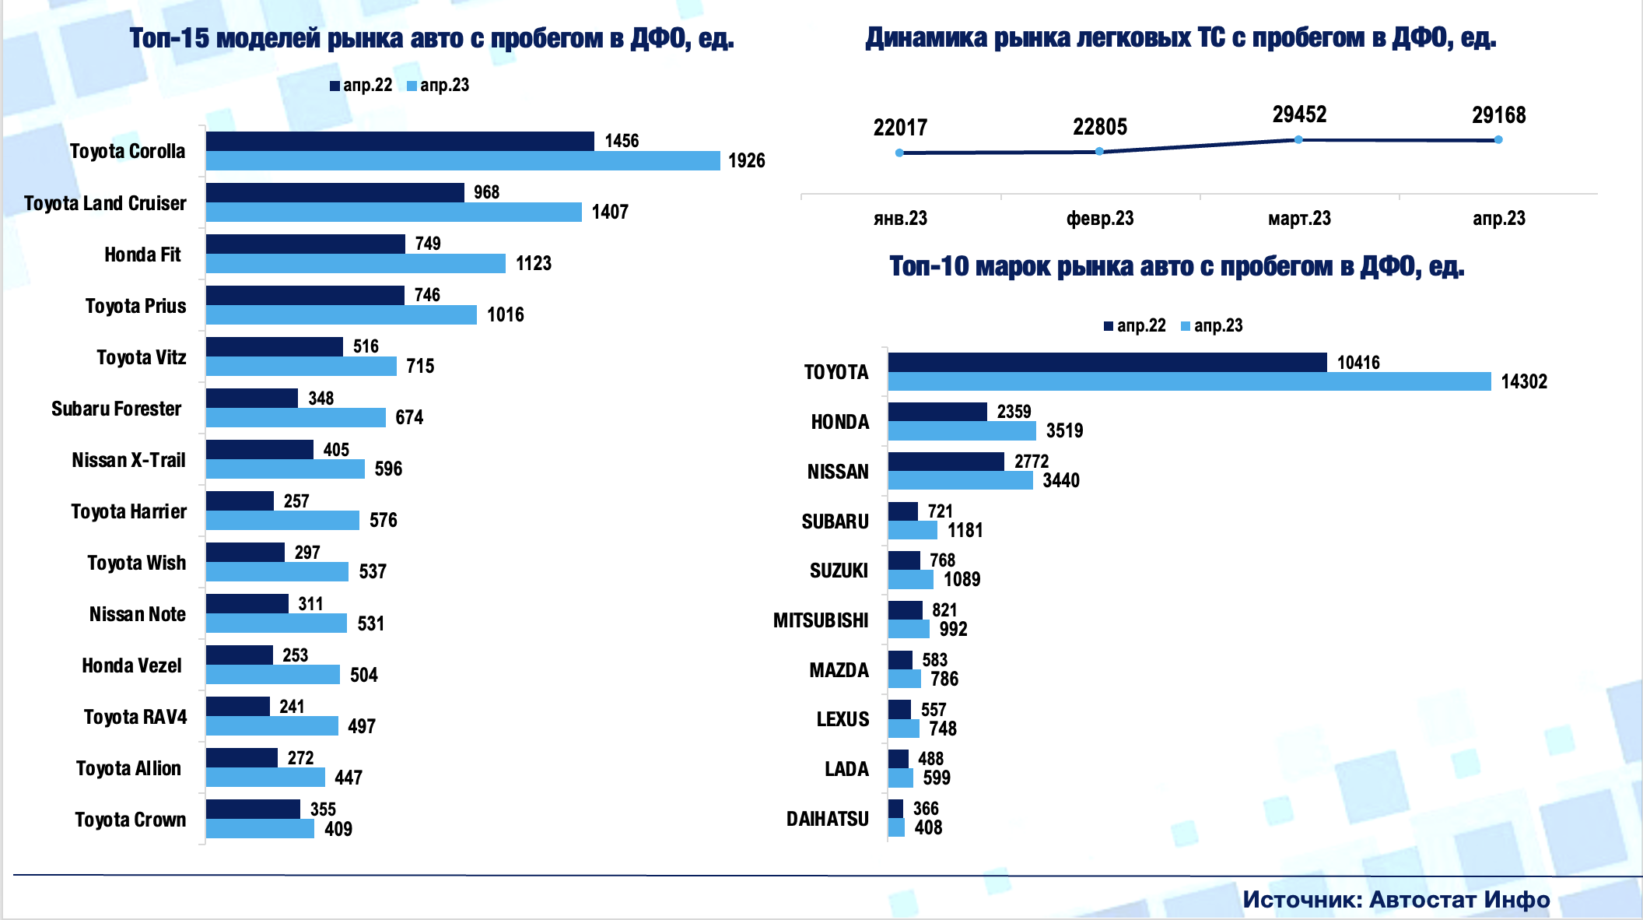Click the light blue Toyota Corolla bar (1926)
(463, 161)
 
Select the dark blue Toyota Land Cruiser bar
(335, 192)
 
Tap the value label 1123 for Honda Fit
(534, 264)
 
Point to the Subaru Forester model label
(116, 409)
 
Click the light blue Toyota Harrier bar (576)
(282, 520)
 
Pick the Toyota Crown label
(130, 820)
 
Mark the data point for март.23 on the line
(1298, 139)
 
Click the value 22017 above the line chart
(900, 128)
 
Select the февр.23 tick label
(1099, 219)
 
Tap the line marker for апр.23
(1498, 140)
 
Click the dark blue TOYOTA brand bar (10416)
(1107, 362)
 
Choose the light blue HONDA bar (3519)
(962, 431)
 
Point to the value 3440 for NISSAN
(1061, 480)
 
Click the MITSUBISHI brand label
(821, 620)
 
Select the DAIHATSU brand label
(827, 819)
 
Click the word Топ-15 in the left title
(169, 38)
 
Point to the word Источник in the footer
(1301, 900)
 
